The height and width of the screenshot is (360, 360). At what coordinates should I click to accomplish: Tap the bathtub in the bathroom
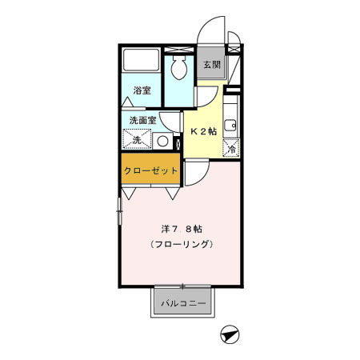click(142, 61)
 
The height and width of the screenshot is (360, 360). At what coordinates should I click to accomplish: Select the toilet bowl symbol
click(178, 70)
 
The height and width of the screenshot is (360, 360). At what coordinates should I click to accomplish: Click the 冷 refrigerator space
click(232, 148)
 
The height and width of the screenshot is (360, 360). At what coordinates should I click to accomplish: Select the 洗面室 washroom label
click(142, 121)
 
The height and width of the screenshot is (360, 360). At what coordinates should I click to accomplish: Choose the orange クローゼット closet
click(150, 170)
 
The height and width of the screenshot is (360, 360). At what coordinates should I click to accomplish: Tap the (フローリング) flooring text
click(179, 244)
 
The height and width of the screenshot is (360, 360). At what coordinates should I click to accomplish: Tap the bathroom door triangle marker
click(129, 104)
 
